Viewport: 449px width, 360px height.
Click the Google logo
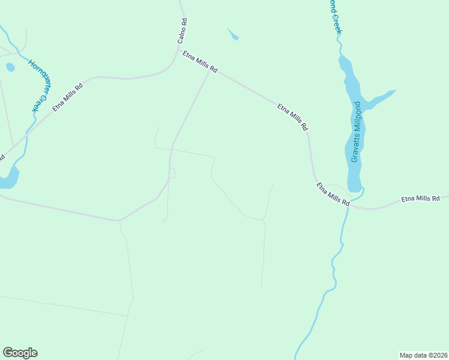[20, 353]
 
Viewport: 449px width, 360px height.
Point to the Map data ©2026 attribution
[423, 355]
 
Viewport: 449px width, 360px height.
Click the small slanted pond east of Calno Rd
[233, 35]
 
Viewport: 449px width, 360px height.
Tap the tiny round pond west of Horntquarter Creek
[10, 67]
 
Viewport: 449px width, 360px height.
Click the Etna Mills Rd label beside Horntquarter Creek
[67, 97]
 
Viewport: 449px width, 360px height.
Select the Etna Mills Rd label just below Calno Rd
[200, 62]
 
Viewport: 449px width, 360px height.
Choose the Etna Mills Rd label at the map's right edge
[420, 198]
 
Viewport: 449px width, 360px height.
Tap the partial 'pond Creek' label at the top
[334, 16]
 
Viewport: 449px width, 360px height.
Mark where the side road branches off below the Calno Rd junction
[208, 74]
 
